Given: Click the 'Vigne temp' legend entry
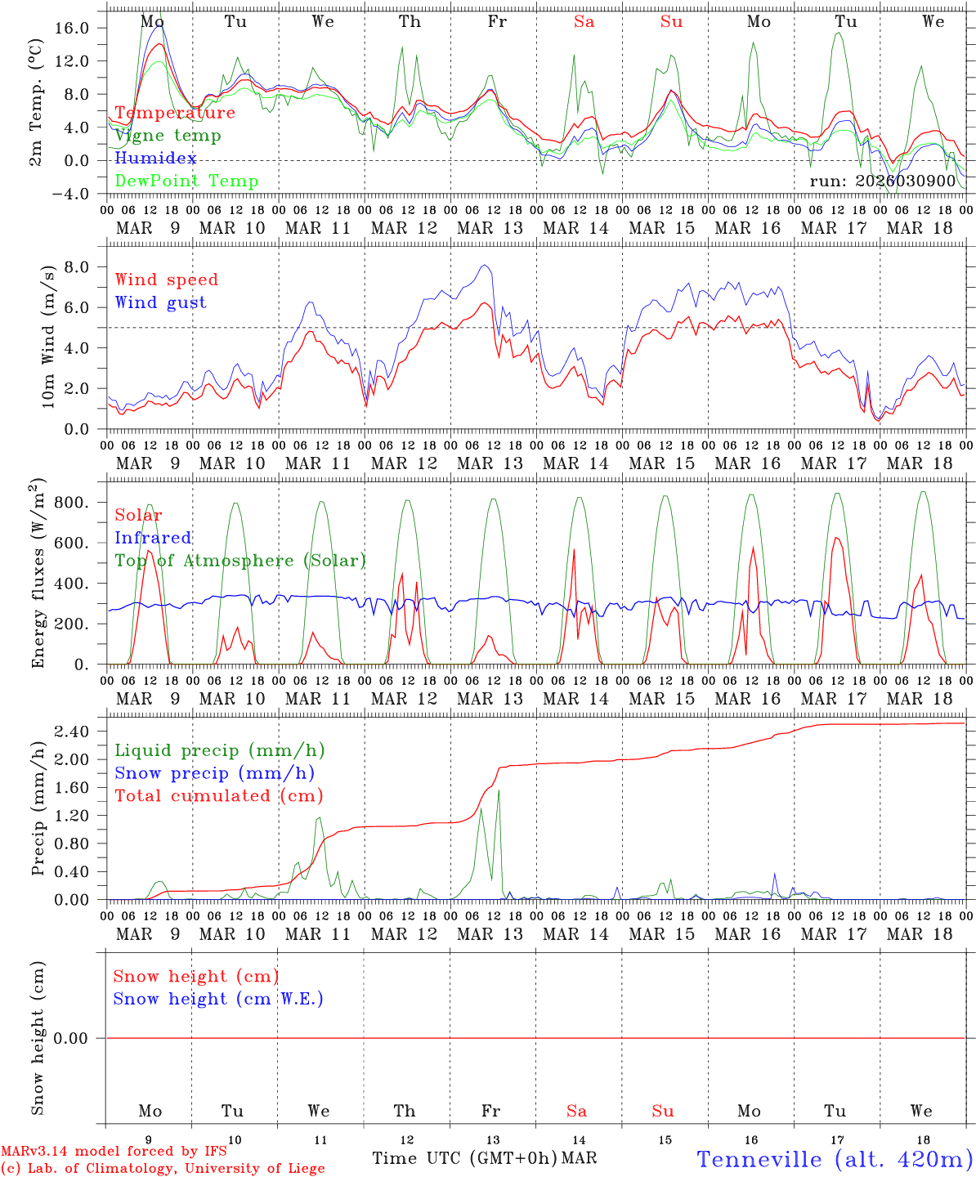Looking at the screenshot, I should click(168, 136).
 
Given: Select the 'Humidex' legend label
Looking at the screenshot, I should click(155, 158).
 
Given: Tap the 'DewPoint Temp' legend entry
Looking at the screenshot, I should click(186, 181).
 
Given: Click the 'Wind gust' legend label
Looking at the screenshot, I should click(160, 302).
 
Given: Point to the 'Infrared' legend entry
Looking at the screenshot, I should click(153, 538).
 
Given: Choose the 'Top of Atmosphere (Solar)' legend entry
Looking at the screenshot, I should click(240, 561).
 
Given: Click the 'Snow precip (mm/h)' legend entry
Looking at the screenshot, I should click(214, 773).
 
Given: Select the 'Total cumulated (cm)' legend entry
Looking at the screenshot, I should click(218, 795).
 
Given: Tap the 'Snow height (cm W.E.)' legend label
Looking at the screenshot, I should click(218, 999).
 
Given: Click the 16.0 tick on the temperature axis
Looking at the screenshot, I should click(81, 28).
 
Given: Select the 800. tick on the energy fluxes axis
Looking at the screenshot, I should click(81, 503).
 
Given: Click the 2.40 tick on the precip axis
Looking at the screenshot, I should click(81, 732).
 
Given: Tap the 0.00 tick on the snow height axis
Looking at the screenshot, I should click(81, 1038).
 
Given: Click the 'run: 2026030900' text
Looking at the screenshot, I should click(882, 181).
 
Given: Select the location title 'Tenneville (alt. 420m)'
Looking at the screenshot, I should click(834, 1158).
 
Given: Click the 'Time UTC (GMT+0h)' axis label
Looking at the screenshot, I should click(464, 1158).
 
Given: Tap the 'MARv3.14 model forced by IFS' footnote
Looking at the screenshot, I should click(114, 1152).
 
